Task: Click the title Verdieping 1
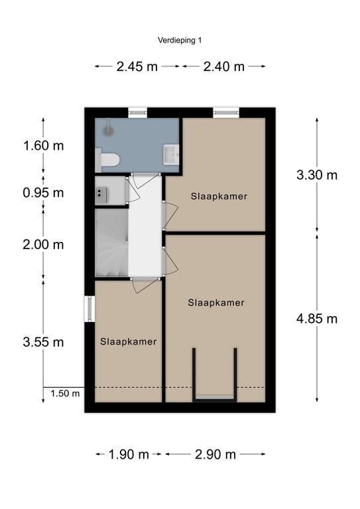[x=180, y=40]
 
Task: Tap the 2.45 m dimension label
[x=137, y=66]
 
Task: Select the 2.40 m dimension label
[x=223, y=66]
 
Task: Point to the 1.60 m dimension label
[x=43, y=145]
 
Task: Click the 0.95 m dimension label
[x=43, y=193]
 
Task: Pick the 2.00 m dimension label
[x=43, y=245]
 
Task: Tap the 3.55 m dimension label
[x=43, y=342]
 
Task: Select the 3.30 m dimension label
[x=317, y=175]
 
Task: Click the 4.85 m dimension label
[x=317, y=319]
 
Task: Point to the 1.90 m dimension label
[x=129, y=455]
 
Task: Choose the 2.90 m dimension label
[x=215, y=455]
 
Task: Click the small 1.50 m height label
[x=65, y=394]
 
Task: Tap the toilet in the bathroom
[x=108, y=160]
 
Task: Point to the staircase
[x=111, y=243]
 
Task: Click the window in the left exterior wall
[x=90, y=309]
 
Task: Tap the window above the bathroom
[x=138, y=113]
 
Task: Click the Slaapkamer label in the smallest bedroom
[x=128, y=341]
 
